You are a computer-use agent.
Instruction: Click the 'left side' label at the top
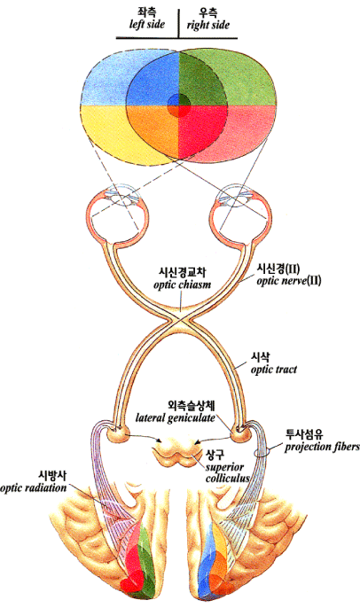click(x=147, y=24)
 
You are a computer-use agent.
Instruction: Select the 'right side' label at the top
click(x=207, y=25)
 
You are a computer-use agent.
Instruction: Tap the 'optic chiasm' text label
click(x=183, y=285)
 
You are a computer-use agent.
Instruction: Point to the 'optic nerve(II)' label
click(x=289, y=280)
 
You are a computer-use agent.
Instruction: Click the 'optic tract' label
click(x=273, y=369)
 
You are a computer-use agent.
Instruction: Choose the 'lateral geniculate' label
click(x=176, y=418)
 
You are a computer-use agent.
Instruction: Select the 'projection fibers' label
click(x=322, y=447)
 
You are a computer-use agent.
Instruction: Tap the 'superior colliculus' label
click(x=227, y=472)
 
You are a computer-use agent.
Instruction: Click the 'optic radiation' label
click(x=34, y=487)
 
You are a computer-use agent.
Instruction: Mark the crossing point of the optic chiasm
click(x=180, y=319)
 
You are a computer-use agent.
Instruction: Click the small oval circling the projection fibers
click(x=262, y=452)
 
